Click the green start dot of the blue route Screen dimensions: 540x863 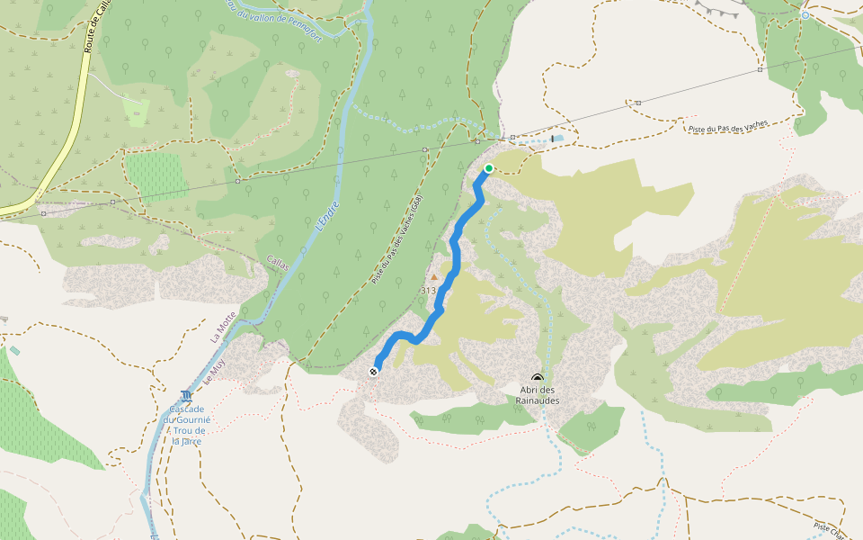pos(489,168)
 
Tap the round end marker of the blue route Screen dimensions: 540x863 pos(373,371)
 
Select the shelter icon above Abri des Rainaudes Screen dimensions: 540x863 pos(538,379)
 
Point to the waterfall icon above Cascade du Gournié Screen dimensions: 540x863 pos(185,396)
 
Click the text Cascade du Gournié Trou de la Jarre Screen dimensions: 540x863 pos(186,425)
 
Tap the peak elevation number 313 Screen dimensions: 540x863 pos(428,291)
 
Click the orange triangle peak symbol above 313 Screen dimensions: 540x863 pos(433,278)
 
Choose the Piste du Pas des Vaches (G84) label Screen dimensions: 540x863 pos(396,240)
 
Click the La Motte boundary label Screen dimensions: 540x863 pos(221,328)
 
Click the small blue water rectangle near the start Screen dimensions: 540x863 pos(558,139)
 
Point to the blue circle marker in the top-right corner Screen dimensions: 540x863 pos(805,15)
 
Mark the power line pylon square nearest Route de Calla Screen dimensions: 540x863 pos(112,202)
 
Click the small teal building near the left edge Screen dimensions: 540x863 pos(14,349)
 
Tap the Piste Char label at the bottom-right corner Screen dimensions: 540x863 pos(829,529)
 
